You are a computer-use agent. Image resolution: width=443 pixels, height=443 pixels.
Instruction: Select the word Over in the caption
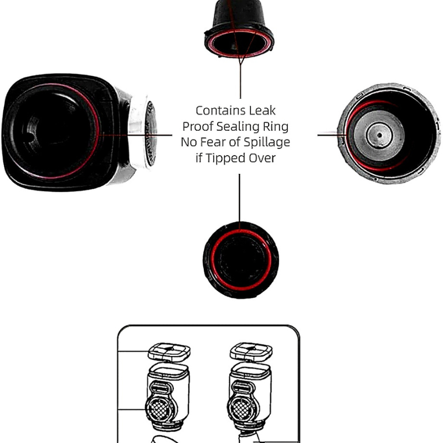coord(260,158)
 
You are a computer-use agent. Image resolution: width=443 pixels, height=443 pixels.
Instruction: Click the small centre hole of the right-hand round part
coord(380,135)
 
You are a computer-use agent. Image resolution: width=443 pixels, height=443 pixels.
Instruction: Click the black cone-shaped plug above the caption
coord(239,29)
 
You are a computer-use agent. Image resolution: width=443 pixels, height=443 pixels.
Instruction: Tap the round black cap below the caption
coord(241,260)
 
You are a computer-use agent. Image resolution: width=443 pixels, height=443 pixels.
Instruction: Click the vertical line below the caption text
coord(240,198)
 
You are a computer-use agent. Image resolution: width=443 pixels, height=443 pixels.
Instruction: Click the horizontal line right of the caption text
coord(332,135)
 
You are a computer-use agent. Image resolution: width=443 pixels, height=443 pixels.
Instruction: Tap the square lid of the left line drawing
coord(169,352)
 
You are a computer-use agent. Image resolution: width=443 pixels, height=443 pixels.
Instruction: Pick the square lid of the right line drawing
coord(251,352)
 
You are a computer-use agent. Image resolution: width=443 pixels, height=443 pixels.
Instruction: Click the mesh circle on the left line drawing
coord(159,408)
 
